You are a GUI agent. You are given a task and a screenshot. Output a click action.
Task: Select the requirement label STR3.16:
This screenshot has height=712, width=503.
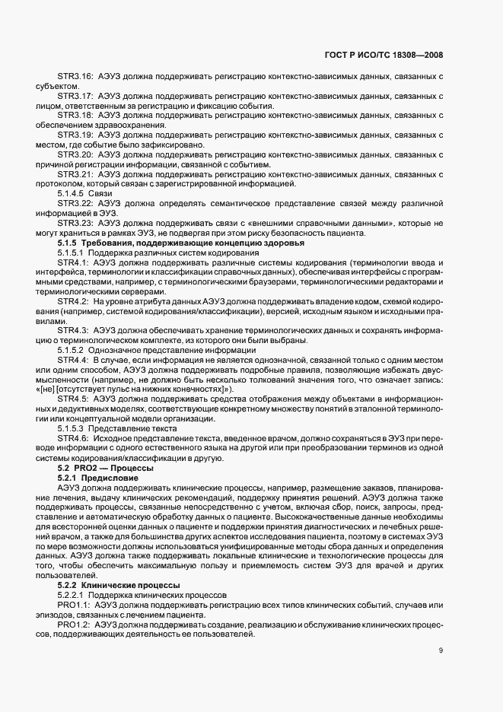pos(75,78)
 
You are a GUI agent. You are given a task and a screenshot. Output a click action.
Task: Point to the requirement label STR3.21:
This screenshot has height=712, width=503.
pos(75,173)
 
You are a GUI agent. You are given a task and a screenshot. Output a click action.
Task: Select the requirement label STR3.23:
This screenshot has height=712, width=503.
pos(75,223)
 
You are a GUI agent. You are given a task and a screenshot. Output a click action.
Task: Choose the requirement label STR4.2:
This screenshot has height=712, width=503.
pos(73,301)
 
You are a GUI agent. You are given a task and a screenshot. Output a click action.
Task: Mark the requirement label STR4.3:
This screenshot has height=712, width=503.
pos(73,330)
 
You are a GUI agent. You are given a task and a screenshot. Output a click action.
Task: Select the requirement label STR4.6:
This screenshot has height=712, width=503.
pos(73,438)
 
